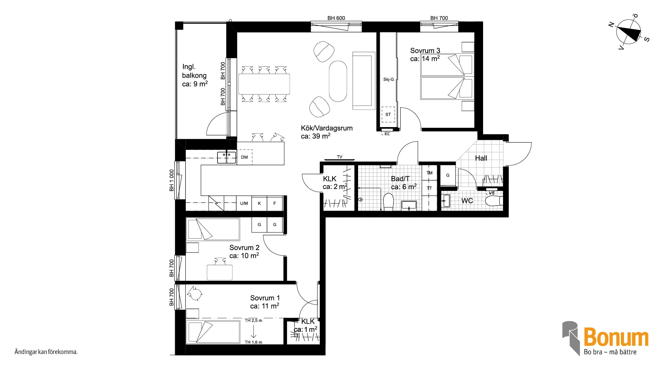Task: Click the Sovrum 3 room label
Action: click(425, 51)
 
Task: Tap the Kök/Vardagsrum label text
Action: click(327, 128)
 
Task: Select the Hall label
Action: click(481, 158)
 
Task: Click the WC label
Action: click(467, 201)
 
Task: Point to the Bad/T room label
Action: click(400, 179)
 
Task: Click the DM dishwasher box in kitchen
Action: click(244, 157)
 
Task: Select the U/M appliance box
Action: click(244, 203)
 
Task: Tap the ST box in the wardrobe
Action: click(388, 114)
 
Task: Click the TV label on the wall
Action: click(339, 157)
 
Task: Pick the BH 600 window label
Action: click(336, 18)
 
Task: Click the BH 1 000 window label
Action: click(171, 181)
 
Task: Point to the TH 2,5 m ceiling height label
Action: click(253, 321)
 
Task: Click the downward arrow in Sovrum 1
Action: click(253, 331)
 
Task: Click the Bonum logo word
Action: click(616, 337)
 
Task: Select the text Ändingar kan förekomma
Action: click(46, 352)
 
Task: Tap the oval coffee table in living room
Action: click(338, 81)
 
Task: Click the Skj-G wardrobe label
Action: click(388, 79)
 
